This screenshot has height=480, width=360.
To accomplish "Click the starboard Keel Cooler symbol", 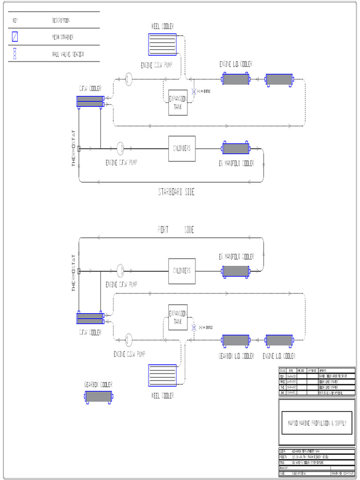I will click(162, 45).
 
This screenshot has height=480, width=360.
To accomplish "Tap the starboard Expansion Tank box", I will click(178, 103).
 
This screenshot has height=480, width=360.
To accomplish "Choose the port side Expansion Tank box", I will click(178, 318).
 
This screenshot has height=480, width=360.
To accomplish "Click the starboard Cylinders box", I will click(182, 149).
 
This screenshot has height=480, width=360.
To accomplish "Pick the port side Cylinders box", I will click(182, 271).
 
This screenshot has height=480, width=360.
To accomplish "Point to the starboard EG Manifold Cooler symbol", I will click(235, 149).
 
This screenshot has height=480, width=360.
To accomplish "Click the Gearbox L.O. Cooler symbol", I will click(235, 340).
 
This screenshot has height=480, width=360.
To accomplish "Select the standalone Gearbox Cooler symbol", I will click(99, 397).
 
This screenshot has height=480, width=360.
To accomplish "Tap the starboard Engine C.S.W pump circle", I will click(129, 78).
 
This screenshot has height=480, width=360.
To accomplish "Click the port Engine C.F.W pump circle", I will click(120, 270).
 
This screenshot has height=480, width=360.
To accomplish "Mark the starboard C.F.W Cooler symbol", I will click(90, 101).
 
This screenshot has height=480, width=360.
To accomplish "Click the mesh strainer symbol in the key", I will click(15, 37).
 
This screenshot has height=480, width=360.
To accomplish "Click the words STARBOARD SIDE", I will click(176, 192).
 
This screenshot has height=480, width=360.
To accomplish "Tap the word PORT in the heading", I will click(163, 230).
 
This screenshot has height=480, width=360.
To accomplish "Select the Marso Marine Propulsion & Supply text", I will click(316, 423).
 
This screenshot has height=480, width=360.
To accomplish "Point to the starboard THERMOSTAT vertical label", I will click(73, 149).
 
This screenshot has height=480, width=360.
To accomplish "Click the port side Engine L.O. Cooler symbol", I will click(279, 340).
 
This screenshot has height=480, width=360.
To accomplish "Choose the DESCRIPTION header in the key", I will click(61, 21).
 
